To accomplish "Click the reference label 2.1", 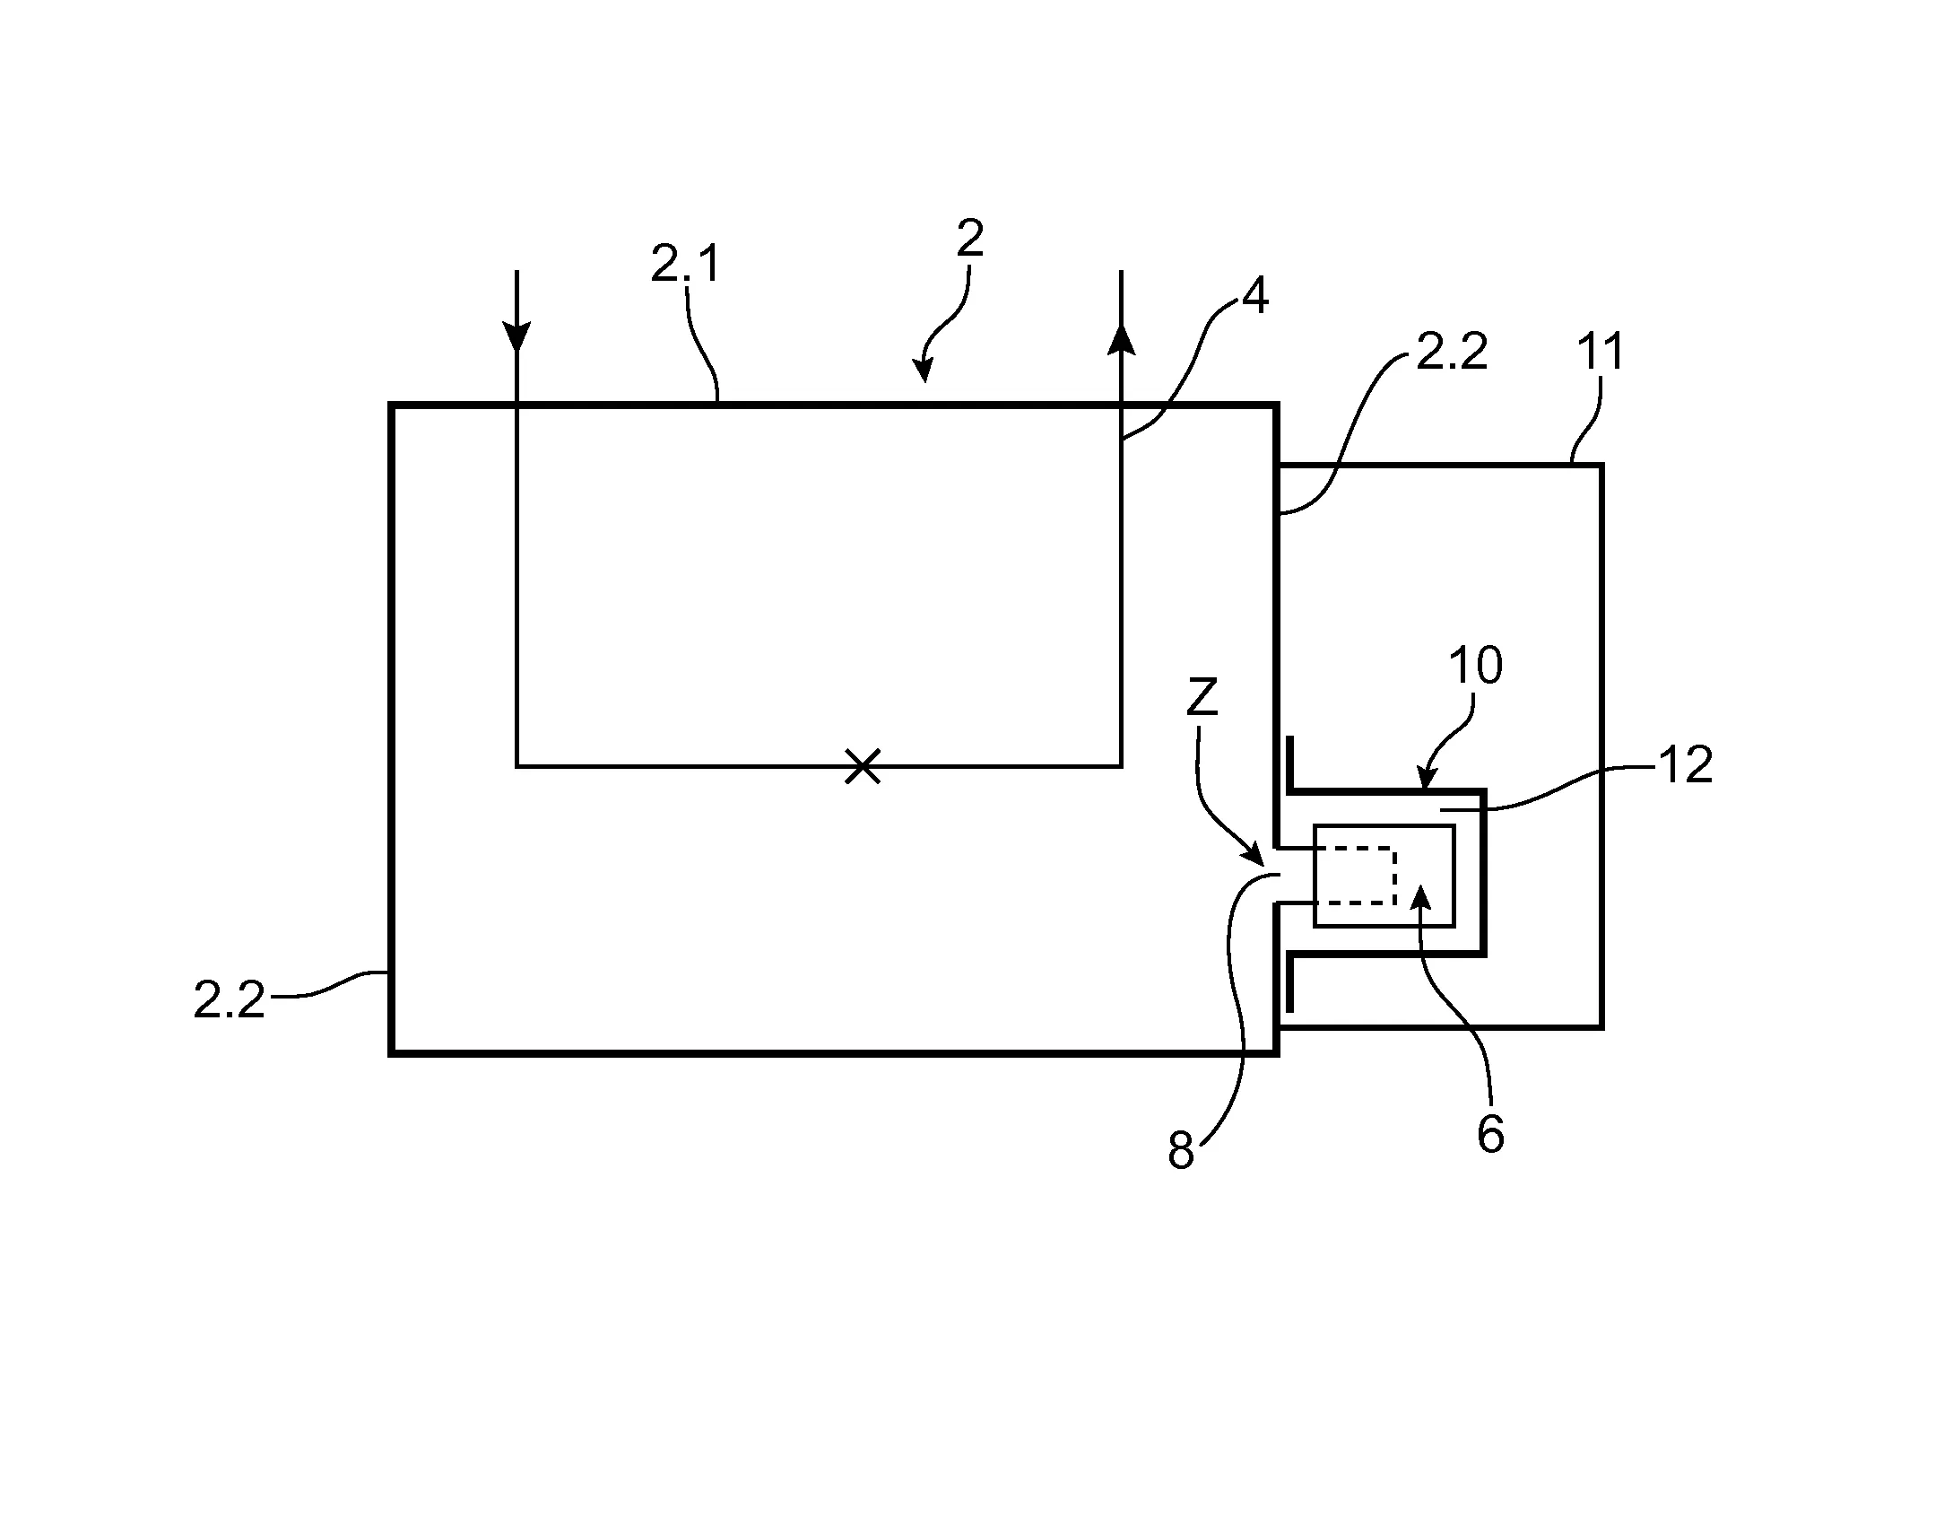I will [x=684, y=265].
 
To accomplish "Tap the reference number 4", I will [x=1254, y=296].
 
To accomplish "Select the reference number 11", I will [x=1601, y=352].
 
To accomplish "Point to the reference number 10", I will [x=1475, y=666].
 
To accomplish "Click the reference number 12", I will [x=1685, y=765].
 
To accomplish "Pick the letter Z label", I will [x=1202, y=696].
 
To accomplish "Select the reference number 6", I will [x=1490, y=1135].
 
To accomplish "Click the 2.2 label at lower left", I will [x=229, y=1000].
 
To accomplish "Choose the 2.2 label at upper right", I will [x=1452, y=352].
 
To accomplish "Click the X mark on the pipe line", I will [x=863, y=766].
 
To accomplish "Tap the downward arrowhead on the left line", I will [x=516, y=337].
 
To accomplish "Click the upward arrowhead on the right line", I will [x=1121, y=339].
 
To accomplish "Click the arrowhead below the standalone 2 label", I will [x=923, y=371].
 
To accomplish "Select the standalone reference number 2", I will [x=970, y=239].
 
